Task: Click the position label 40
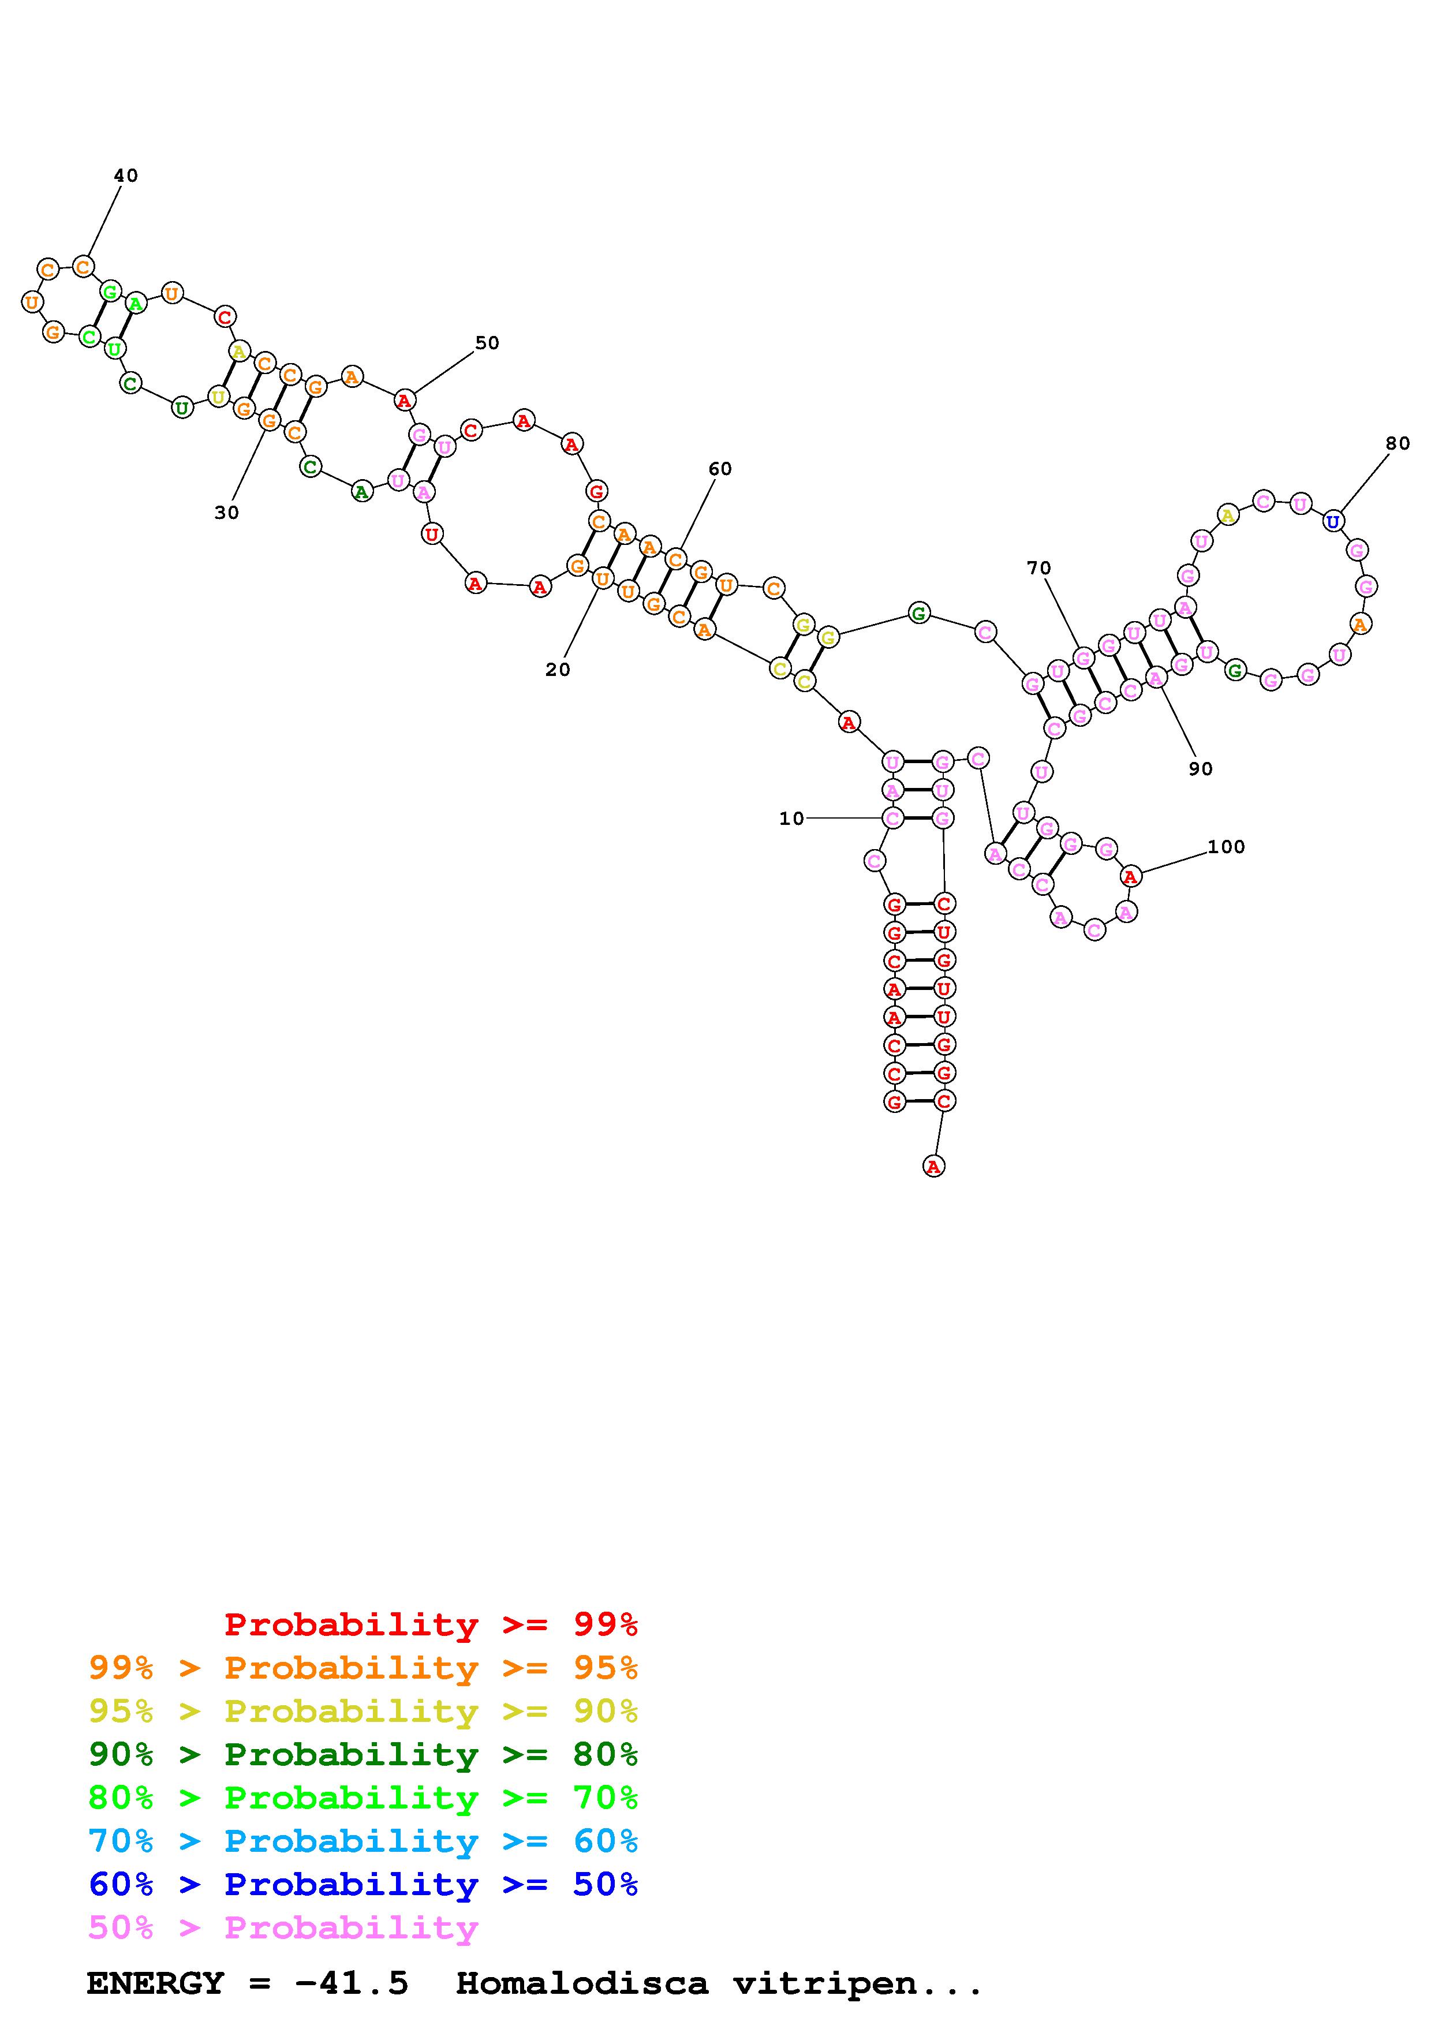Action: click(x=125, y=175)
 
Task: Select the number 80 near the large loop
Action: click(x=1398, y=444)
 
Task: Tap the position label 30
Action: click(x=227, y=513)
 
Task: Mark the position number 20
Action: click(x=557, y=670)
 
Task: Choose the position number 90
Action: click(x=1200, y=768)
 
